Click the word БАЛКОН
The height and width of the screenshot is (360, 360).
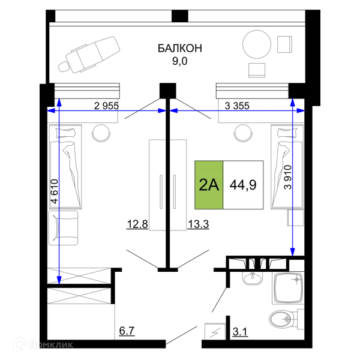(180, 48)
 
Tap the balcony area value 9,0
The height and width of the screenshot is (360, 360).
(180, 61)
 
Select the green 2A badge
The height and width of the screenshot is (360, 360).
(209, 185)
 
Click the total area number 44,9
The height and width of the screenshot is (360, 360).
(243, 185)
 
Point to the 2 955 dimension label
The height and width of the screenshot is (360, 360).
(106, 106)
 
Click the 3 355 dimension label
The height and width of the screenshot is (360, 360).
(237, 106)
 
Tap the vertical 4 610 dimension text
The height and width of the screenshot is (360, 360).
(55, 191)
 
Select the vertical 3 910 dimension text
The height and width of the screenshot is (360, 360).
(287, 177)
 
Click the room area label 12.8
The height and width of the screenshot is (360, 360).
(137, 224)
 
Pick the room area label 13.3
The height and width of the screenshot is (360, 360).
(198, 224)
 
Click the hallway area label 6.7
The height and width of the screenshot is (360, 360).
(127, 331)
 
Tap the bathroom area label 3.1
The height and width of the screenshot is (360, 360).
(240, 332)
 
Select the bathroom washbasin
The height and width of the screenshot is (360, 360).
(253, 278)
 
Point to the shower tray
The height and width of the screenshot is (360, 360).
(289, 288)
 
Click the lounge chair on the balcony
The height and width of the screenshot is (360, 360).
(89, 55)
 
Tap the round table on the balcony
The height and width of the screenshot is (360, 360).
(257, 44)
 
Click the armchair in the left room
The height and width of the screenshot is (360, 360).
(64, 228)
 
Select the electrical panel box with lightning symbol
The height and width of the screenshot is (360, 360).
(215, 331)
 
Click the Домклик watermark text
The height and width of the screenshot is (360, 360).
(51, 344)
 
